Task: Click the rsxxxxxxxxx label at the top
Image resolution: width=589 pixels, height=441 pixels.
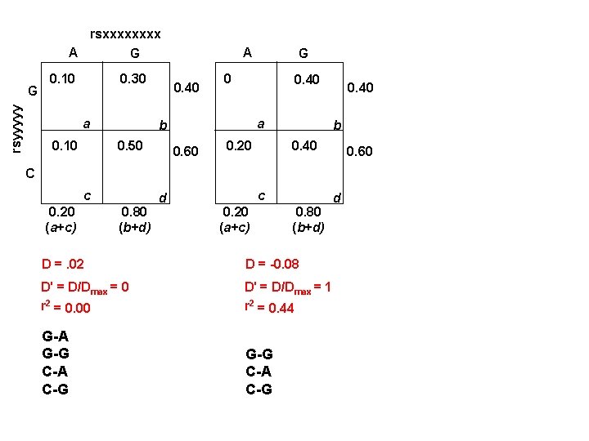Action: click(x=125, y=34)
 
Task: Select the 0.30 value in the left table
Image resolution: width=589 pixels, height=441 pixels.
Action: click(x=132, y=79)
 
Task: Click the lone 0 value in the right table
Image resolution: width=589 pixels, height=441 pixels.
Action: click(x=227, y=79)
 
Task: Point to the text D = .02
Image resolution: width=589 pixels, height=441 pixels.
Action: click(x=63, y=263)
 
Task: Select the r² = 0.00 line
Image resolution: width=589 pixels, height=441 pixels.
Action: click(x=65, y=307)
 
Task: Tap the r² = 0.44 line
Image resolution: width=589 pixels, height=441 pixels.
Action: click(x=269, y=307)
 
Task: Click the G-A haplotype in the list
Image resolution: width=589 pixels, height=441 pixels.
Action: click(x=55, y=336)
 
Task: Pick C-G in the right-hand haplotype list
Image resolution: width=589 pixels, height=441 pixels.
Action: click(x=259, y=389)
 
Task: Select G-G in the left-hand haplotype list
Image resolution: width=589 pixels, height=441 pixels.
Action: click(x=56, y=354)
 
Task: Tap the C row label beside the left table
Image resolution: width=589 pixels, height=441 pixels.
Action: click(x=29, y=173)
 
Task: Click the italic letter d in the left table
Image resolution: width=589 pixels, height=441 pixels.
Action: click(x=164, y=198)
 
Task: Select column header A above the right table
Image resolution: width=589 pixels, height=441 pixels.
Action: click(x=246, y=51)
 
